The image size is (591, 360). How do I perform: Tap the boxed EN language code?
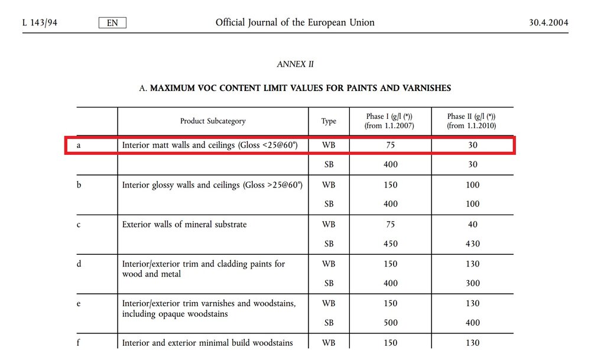[112, 23]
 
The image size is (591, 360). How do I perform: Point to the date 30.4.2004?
[548, 23]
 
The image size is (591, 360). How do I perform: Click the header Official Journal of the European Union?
[295, 23]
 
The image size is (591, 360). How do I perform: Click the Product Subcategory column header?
[213, 121]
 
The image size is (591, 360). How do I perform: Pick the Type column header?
[329, 121]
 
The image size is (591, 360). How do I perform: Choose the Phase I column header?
[390, 121]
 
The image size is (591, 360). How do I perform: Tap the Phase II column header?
[472, 121]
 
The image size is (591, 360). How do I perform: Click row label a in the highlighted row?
[79, 145]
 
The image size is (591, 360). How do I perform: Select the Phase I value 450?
[390, 244]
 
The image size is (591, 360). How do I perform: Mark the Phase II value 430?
[472, 244]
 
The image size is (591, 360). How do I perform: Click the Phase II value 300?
[472, 284]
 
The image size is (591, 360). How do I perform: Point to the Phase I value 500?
[390, 323]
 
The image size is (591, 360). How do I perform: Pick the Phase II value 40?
[472, 225]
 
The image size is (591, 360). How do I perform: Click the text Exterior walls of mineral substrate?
[184, 225]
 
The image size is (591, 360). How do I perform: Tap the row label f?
[78, 343]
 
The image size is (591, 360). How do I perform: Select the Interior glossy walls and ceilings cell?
[212, 185]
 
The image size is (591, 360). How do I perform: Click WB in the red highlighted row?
[329, 145]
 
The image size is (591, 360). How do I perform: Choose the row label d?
[79, 264]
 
